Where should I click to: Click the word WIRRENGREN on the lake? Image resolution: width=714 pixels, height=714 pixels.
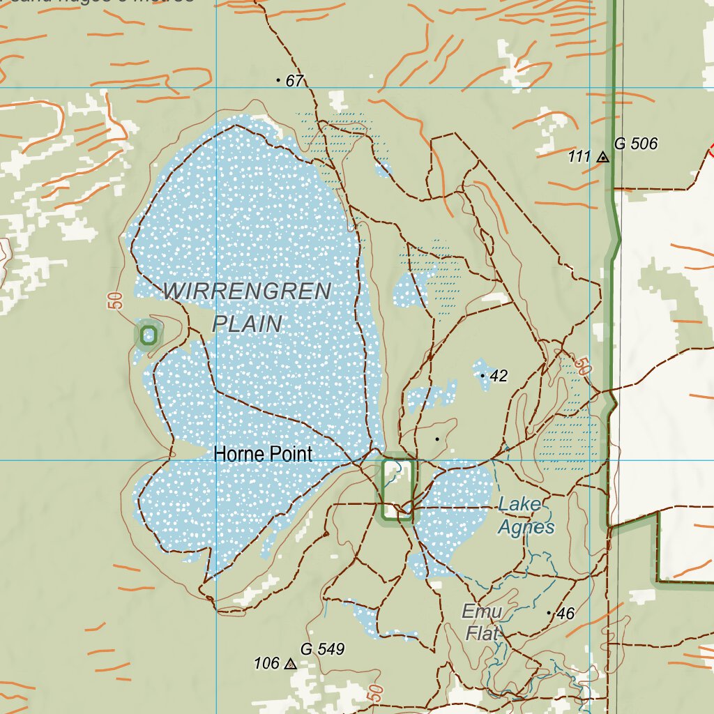tap(247, 291)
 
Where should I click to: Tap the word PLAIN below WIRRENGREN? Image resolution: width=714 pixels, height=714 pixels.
tap(247, 324)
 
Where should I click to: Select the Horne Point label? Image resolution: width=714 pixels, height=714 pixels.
tap(263, 455)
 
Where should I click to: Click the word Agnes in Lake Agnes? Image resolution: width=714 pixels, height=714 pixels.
tap(526, 527)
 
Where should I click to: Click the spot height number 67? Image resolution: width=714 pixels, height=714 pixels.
tap(295, 82)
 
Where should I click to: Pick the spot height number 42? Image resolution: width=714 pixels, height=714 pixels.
tap(499, 377)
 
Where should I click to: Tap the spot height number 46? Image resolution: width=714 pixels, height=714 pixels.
tap(565, 614)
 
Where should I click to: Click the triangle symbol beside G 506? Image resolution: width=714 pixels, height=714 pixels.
tap(603, 158)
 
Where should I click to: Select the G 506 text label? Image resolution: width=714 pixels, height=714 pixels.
tap(635, 144)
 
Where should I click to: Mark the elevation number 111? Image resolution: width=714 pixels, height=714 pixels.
tap(579, 157)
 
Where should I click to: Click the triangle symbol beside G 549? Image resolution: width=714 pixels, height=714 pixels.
tap(291, 664)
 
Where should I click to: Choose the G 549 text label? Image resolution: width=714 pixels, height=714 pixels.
tap(323, 649)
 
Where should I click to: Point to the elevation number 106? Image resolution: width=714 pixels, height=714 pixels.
tap(267, 664)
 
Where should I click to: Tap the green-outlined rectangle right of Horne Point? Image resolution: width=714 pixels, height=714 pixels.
tap(399, 489)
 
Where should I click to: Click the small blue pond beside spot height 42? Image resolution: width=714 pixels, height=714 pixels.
tap(480, 368)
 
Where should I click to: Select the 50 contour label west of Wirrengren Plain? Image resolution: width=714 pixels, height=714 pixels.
tap(116, 301)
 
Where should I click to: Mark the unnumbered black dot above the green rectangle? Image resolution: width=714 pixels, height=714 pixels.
tap(437, 439)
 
